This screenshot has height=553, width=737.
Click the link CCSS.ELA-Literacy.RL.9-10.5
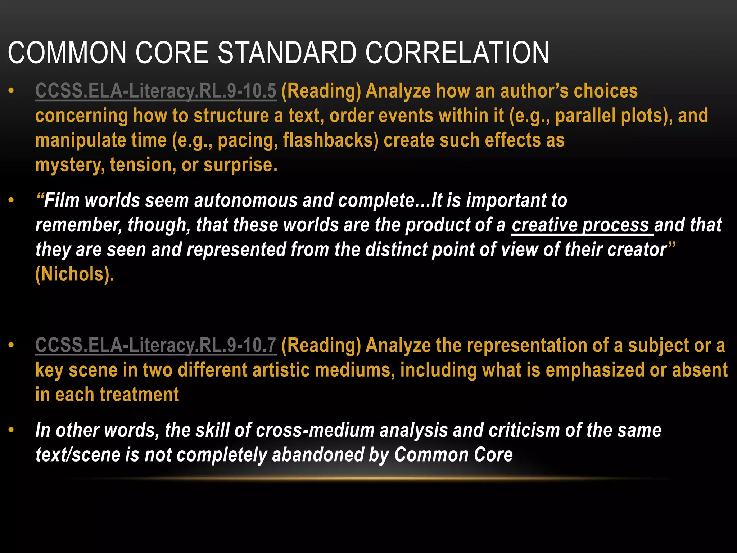click(x=155, y=91)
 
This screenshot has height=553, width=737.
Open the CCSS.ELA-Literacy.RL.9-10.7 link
click(x=155, y=345)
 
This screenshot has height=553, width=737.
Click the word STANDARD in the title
click(x=287, y=53)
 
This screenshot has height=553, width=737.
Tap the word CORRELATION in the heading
click(x=457, y=53)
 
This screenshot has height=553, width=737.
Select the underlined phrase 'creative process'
click(x=580, y=225)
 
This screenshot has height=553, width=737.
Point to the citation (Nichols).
click(x=75, y=274)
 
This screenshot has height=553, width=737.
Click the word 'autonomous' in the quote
click(x=246, y=201)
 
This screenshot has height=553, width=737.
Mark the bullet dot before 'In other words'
click(x=12, y=430)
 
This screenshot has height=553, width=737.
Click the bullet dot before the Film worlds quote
click(x=12, y=200)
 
